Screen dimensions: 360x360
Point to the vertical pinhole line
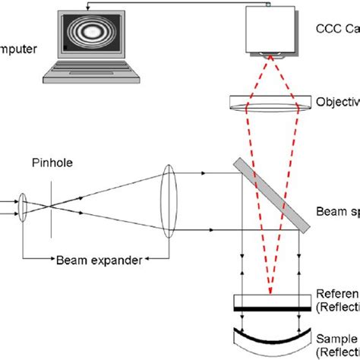pos(51,204)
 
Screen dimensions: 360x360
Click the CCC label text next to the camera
pos(334,30)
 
